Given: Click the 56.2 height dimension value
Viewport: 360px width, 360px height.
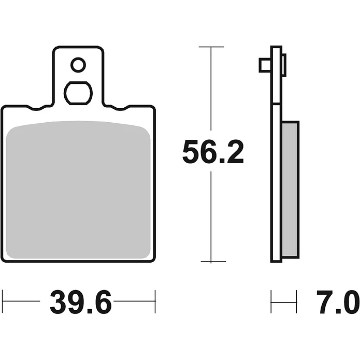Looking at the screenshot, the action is (x=213, y=152).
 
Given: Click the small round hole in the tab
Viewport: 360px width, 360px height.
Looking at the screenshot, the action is (x=78, y=65).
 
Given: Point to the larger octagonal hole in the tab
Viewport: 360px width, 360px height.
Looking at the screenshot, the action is (x=78, y=93).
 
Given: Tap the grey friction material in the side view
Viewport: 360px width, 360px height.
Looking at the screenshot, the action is (x=290, y=190).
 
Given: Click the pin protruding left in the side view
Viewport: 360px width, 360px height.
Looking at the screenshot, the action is (x=265, y=65).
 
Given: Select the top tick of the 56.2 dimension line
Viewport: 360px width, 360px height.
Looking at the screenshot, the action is (x=211, y=47).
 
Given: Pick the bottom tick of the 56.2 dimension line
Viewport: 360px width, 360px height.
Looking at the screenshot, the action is (x=213, y=262).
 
